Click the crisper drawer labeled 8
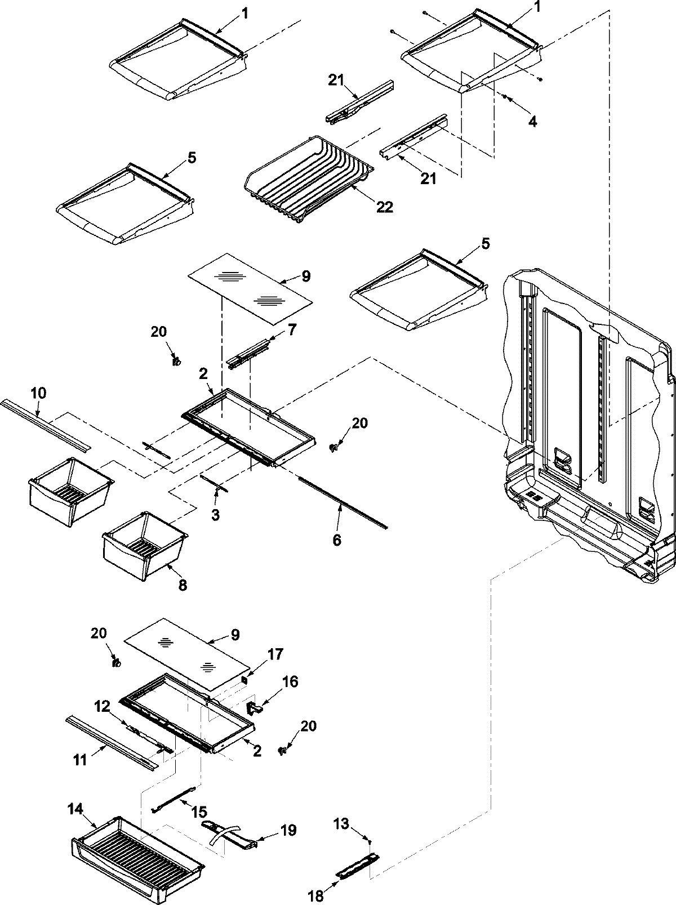coord(144,546)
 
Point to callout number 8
coord(183,586)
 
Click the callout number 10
coord(38,393)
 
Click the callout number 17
coord(275,654)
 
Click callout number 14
coord(75,809)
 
